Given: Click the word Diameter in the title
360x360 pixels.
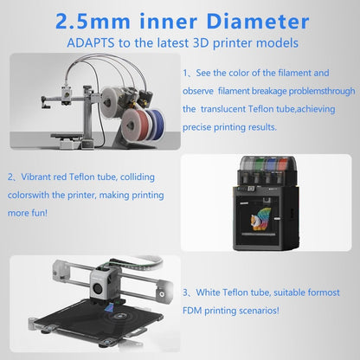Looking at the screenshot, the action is (x=258, y=22).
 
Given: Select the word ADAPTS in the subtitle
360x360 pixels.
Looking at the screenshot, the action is (x=91, y=43).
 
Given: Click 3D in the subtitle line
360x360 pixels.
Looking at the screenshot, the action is (x=198, y=43).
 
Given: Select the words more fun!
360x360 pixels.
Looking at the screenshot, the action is (x=28, y=213).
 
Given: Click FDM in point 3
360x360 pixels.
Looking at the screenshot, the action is (x=192, y=311).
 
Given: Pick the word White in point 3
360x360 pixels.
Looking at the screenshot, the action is (x=208, y=292).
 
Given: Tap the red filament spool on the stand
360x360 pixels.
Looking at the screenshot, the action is (x=134, y=125).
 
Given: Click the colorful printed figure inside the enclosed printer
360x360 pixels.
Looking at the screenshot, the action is (x=261, y=220).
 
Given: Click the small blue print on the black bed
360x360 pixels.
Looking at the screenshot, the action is (x=108, y=307).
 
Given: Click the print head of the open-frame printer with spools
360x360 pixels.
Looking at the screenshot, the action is (x=67, y=95).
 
